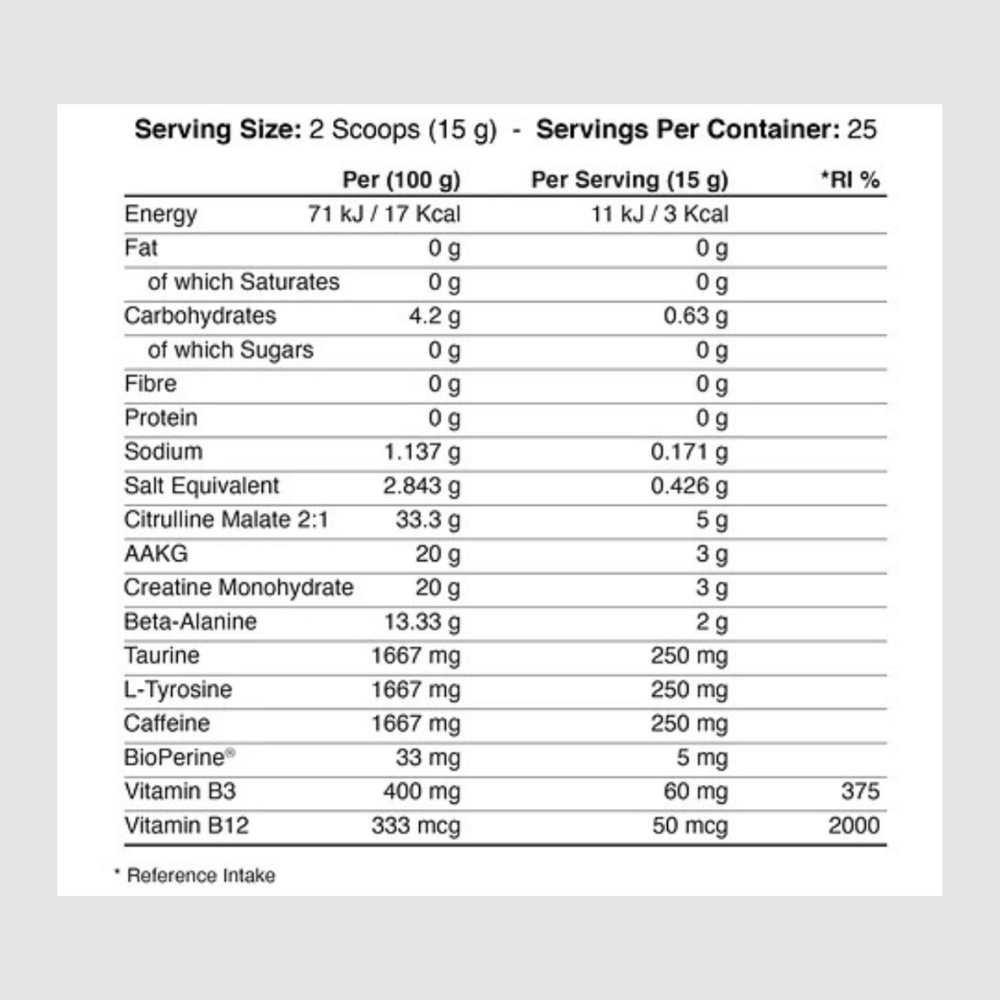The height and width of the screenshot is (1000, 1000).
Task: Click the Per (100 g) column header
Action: (x=401, y=180)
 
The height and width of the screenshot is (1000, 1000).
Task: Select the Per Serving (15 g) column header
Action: (x=630, y=180)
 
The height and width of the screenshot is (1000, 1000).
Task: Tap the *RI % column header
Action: (x=850, y=180)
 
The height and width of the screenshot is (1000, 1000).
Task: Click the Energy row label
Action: (x=160, y=214)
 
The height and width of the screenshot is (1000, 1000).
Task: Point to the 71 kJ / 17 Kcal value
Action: (x=385, y=214)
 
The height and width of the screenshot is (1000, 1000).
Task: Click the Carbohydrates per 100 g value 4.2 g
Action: (x=433, y=316)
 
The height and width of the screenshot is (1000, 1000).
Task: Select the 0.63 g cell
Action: (x=696, y=316)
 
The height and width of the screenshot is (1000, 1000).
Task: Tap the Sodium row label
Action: (x=163, y=452)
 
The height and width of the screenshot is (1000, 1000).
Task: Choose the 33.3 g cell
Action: (x=429, y=520)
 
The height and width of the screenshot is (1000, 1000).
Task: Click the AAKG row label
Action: (x=155, y=554)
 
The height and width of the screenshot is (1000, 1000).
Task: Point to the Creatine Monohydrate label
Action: (x=238, y=588)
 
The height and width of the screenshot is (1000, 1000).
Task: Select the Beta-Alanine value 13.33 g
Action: (x=423, y=622)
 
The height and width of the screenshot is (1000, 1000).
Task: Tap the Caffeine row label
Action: (x=167, y=724)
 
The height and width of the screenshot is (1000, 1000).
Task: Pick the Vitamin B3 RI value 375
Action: (x=860, y=792)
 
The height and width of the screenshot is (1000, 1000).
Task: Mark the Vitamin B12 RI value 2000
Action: (x=854, y=826)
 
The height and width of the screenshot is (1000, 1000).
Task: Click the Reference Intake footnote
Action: (x=195, y=876)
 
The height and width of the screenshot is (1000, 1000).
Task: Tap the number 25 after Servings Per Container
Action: (x=862, y=130)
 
